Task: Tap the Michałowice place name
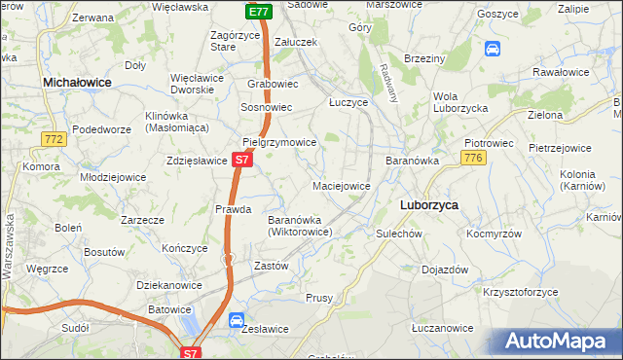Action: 77,84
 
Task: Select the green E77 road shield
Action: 258,12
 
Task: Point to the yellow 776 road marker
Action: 473,159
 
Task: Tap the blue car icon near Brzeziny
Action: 493,48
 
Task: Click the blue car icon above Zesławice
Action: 237,320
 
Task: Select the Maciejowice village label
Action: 341,185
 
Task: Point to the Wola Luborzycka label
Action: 460,102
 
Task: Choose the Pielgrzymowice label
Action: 279,142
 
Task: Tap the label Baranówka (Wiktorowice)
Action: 301,226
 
